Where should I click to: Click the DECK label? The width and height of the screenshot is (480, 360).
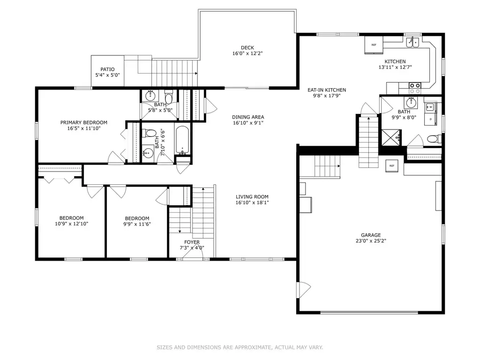[x=247, y=48]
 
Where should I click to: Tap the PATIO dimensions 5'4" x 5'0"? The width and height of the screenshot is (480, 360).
[x=107, y=75]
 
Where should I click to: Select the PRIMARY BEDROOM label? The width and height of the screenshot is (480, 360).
[x=84, y=122]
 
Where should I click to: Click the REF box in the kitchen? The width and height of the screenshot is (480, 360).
[x=374, y=45]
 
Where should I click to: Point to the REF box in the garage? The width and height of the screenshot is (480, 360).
[x=392, y=166]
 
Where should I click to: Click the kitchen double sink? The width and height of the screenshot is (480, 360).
[x=412, y=42]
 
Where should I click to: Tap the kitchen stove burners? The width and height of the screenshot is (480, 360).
[x=415, y=88]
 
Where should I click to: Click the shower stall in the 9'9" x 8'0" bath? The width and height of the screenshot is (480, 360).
[x=391, y=137]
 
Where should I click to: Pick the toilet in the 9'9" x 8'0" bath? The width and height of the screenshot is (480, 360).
[x=434, y=139]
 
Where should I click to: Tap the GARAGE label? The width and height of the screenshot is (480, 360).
[x=371, y=235]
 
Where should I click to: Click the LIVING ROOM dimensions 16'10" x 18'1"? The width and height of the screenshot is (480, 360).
[x=252, y=202]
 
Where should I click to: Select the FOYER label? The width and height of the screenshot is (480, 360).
[x=192, y=242]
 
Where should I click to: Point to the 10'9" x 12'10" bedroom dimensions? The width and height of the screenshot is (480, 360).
[x=72, y=224]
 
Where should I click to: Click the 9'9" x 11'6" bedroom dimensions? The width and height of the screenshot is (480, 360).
[x=137, y=224]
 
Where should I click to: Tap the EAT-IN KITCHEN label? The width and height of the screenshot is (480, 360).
[x=327, y=90]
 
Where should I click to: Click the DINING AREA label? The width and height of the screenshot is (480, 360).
[x=248, y=117]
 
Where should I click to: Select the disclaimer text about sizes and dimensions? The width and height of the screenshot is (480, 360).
[x=240, y=347]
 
